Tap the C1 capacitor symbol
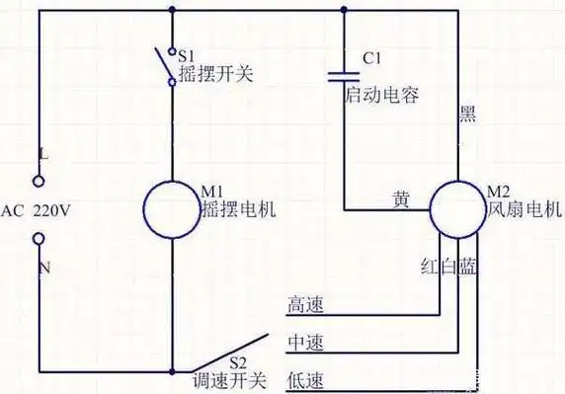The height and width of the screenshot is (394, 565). (343, 74)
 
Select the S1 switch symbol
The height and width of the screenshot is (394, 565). (167, 66)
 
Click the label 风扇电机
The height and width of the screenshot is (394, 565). (524, 210)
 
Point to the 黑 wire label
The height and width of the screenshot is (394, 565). (468, 114)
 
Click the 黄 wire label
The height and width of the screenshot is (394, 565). (400, 200)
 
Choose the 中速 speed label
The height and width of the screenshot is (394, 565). (303, 342)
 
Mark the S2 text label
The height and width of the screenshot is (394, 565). (238, 362)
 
